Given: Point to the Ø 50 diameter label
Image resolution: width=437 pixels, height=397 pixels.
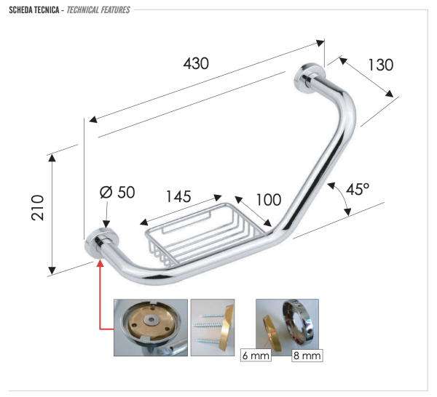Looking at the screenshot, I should click(117, 193).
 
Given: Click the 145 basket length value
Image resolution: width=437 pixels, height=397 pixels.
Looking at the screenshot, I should click(178, 196).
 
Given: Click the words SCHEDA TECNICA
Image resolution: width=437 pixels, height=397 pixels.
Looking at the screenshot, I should click(33, 9).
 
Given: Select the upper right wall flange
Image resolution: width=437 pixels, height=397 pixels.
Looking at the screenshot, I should click(309, 74).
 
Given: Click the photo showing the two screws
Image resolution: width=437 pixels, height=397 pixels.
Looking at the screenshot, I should click(212, 327).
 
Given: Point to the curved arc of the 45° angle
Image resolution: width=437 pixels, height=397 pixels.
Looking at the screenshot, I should click(342, 200).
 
